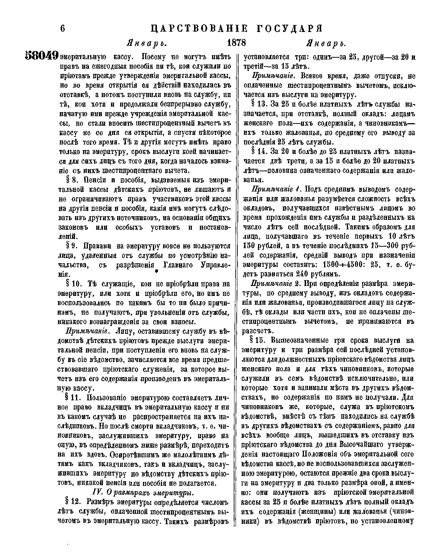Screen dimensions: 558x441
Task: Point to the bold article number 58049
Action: (x=42, y=56)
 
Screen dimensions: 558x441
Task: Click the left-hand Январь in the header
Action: (x=147, y=43)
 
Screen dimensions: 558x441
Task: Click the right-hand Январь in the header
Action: (x=327, y=43)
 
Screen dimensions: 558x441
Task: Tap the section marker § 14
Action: (x=258, y=151)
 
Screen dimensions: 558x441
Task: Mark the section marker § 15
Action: (x=258, y=340)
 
